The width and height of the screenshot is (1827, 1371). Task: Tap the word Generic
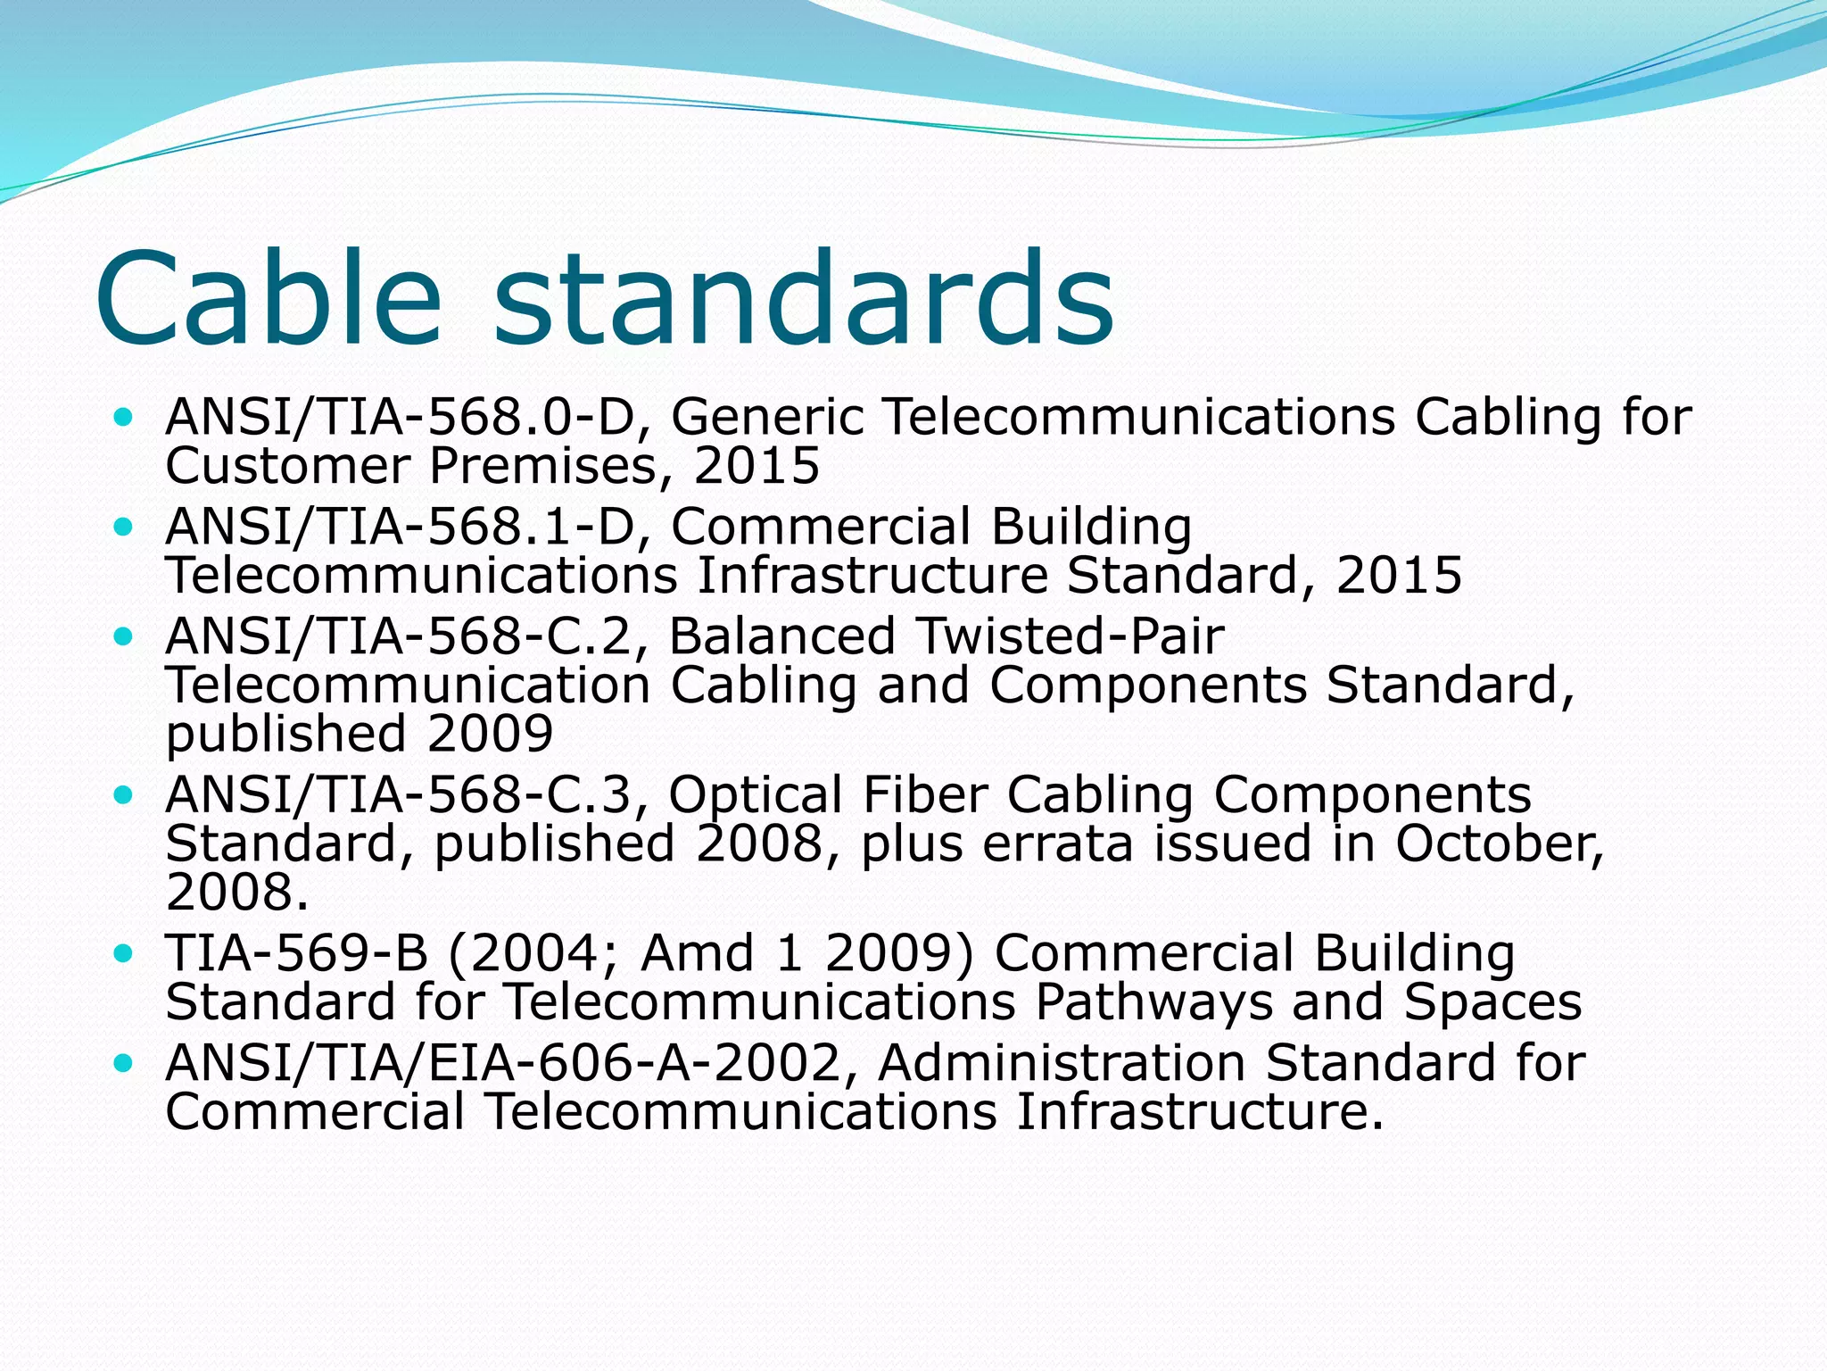pyautogui.click(x=767, y=417)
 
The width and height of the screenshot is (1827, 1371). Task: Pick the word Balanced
pyautogui.click(x=781, y=636)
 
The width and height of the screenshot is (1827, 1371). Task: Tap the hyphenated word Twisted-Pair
pyautogui.click(x=1071, y=636)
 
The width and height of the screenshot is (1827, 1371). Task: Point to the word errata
pyautogui.click(x=1058, y=844)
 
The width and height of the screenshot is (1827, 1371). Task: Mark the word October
pyautogui.click(x=1500, y=844)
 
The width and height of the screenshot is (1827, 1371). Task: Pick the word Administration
pyautogui.click(x=1061, y=1063)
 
